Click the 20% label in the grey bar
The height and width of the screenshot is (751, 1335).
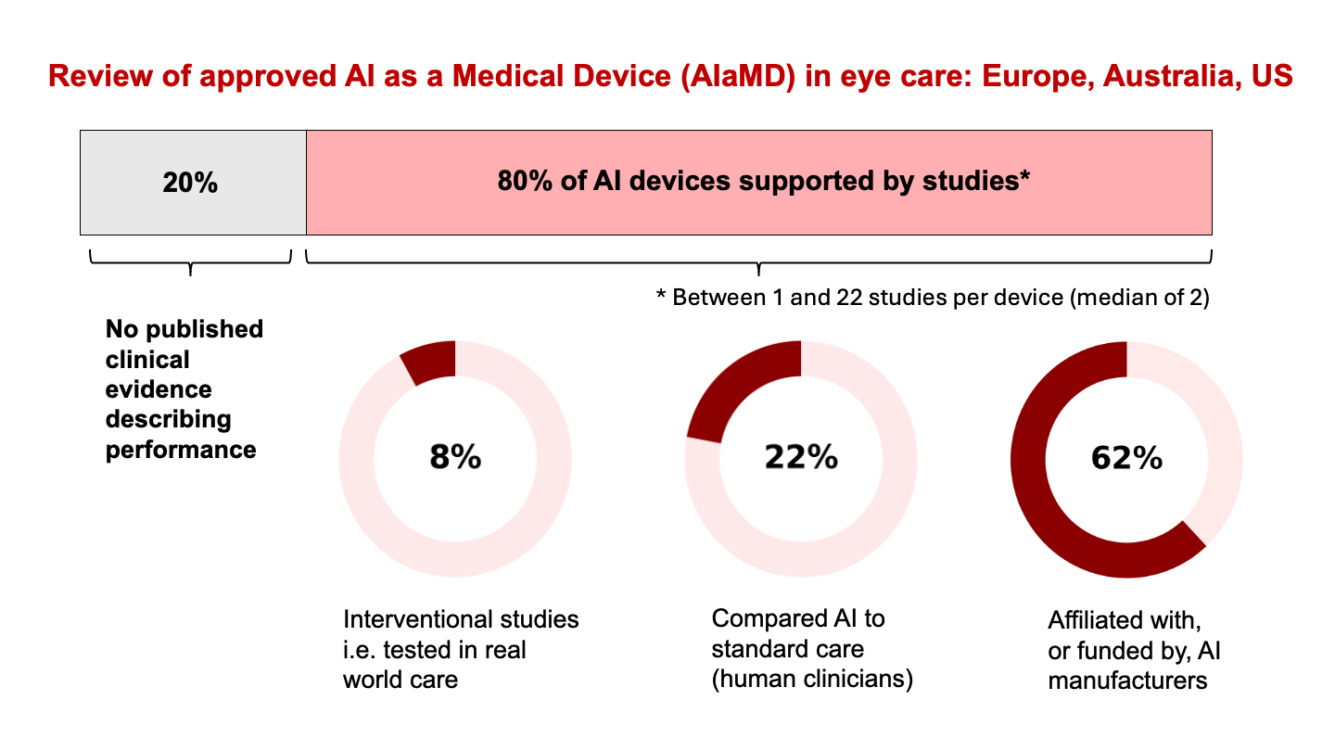[x=190, y=183]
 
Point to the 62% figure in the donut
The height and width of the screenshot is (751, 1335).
[x=1126, y=458]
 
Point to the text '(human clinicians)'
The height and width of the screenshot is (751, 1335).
[x=812, y=680]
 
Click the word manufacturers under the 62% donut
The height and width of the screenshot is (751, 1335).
[x=1127, y=681]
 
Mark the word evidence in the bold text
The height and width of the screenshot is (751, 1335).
[x=158, y=389]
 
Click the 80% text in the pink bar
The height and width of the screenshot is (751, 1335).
[x=526, y=182]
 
